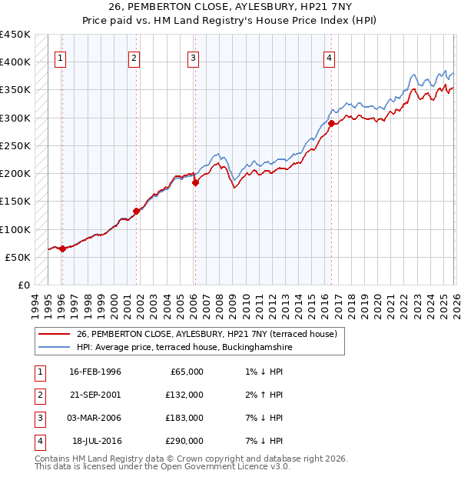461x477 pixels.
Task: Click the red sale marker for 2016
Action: pos(331,123)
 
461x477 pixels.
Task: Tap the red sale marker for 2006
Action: pos(195,182)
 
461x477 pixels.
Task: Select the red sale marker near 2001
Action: pos(136,211)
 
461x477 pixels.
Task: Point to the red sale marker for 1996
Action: pos(62,249)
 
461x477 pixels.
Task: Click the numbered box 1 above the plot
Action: pos(60,58)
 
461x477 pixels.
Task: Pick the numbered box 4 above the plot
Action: pos(329,58)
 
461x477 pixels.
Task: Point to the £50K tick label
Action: pos(18,257)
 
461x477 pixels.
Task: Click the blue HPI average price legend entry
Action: pos(184,348)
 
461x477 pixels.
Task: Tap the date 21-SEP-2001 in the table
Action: pos(95,395)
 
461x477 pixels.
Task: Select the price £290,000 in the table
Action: pos(184,441)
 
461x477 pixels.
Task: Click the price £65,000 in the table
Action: pos(187,372)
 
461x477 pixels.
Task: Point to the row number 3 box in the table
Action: pos(39,418)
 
